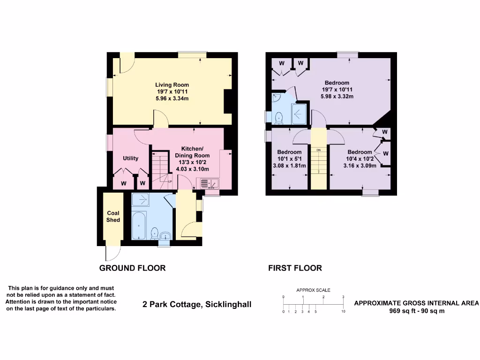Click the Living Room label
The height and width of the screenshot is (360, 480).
(172, 85)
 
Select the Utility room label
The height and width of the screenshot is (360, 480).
(131, 158)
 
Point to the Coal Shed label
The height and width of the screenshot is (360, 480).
(113, 217)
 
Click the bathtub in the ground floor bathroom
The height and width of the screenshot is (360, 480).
(139, 226)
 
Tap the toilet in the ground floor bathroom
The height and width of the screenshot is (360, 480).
(154, 232)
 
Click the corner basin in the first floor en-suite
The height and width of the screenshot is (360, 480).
(275, 97)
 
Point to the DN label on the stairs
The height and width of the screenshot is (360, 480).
(318, 150)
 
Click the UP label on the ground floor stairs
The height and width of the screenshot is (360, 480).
(170, 181)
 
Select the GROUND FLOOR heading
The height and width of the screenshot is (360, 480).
(132, 268)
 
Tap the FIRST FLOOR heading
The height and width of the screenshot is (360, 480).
(295, 268)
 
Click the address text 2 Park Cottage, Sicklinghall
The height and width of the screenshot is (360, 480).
(197, 305)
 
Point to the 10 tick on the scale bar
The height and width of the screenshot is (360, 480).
(344, 311)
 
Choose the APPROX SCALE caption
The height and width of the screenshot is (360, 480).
(313, 290)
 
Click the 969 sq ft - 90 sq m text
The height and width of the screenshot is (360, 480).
(417, 311)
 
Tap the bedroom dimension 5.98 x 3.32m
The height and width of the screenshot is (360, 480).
(337, 96)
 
